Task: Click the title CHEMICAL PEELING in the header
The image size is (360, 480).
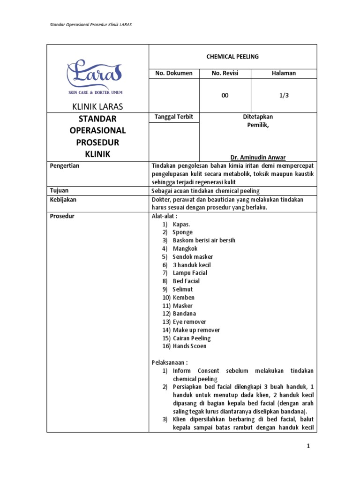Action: coord(232,56)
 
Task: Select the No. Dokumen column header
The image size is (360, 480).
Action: coord(174,73)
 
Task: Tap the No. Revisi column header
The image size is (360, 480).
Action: coord(225,73)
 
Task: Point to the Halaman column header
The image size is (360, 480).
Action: coord(284,73)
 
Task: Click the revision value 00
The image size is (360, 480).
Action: coord(225,95)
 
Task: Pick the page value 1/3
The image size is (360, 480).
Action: coord(284,95)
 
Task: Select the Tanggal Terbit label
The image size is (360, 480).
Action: coord(173,117)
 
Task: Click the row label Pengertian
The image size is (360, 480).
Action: coord(64,166)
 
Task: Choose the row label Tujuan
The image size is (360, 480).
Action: coord(60,191)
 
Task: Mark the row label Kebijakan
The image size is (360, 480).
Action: coord(63,199)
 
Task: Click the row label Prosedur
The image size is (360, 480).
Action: coord(62,216)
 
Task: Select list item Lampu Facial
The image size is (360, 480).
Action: coord(190,273)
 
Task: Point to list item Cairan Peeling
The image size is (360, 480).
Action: coord(191,338)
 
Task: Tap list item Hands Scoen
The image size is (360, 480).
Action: coord(189,346)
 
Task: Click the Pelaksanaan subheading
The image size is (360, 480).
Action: coord(169,362)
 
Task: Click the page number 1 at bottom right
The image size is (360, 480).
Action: coord(308,447)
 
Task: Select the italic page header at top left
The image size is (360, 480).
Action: coord(90,24)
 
